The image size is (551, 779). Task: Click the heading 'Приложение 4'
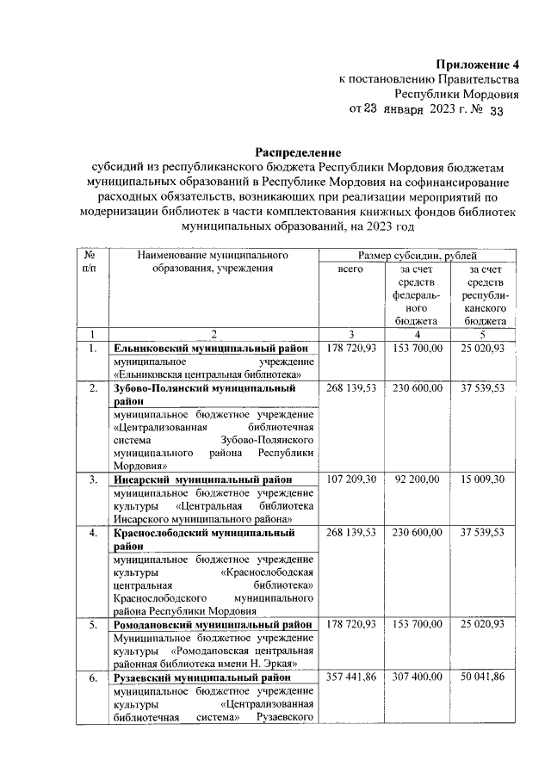478,65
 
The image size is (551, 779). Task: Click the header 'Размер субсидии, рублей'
418,256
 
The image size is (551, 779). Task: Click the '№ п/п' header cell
91,262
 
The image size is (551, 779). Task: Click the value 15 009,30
482,479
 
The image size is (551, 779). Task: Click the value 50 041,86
482,678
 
